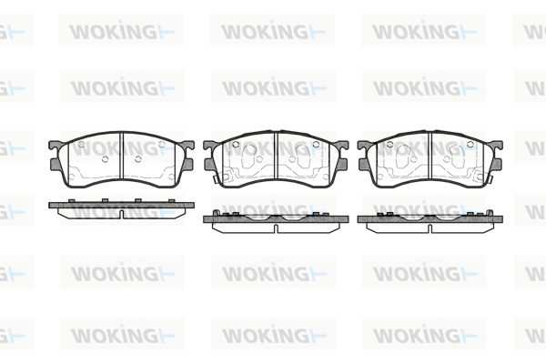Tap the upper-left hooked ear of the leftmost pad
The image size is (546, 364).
pyautogui.click(x=56, y=146)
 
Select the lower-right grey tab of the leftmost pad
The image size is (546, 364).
pyautogui.click(x=187, y=165)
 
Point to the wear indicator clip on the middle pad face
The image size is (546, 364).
pyautogui.click(x=216, y=179)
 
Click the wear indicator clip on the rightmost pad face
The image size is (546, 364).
pyautogui.click(x=490, y=179)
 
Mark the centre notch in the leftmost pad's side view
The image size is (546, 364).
pyautogui.click(x=121, y=214)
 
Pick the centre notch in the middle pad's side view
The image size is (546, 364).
pyautogui.click(x=276, y=228)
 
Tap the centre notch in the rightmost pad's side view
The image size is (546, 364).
pyautogui.click(x=430, y=228)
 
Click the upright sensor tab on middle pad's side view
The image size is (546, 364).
pyautogui.click(x=216, y=213)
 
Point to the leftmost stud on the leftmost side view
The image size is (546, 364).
pyautogui.click(x=72, y=200)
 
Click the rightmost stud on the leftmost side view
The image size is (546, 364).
pyautogui.click(x=171, y=200)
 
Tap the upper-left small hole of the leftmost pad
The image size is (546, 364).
pyautogui.click(x=82, y=144)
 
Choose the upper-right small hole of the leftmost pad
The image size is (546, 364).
pyautogui.click(x=162, y=144)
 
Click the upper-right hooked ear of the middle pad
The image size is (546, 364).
pyautogui.click(x=341, y=146)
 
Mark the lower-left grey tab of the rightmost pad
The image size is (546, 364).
pyautogui.click(x=364, y=165)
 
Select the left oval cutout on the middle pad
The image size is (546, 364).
pyautogui.click(x=249, y=157)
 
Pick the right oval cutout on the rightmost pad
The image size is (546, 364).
pyautogui.click(x=457, y=157)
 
